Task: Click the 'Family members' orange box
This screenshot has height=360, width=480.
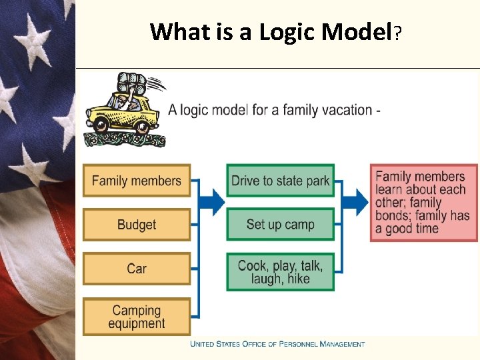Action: pyautogui.click(x=136, y=181)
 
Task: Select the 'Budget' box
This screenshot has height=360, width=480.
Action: pyautogui.click(x=136, y=225)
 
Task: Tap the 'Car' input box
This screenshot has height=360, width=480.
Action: pyautogui.click(x=136, y=269)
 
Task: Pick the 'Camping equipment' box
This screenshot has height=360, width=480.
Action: pyautogui.click(x=136, y=317)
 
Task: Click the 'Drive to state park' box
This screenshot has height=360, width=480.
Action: pyautogui.click(x=280, y=181)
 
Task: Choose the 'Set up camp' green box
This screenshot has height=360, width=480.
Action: pyautogui.click(x=280, y=224)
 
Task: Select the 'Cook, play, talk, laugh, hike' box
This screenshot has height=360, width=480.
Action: pyautogui.click(x=280, y=272)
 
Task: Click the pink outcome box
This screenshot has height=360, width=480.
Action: pyautogui.click(x=424, y=203)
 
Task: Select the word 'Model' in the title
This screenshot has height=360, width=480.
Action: pyautogui.click(x=357, y=31)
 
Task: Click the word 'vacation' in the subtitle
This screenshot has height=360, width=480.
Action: pyautogui.click(x=345, y=109)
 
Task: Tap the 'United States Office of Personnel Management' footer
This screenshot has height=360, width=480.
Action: pyautogui.click(x=277, y=344)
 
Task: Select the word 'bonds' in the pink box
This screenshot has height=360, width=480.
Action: pyautogui.click(x=393, y=215)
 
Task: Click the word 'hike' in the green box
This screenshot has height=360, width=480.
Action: pyautogui.click(x=299, y=279)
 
